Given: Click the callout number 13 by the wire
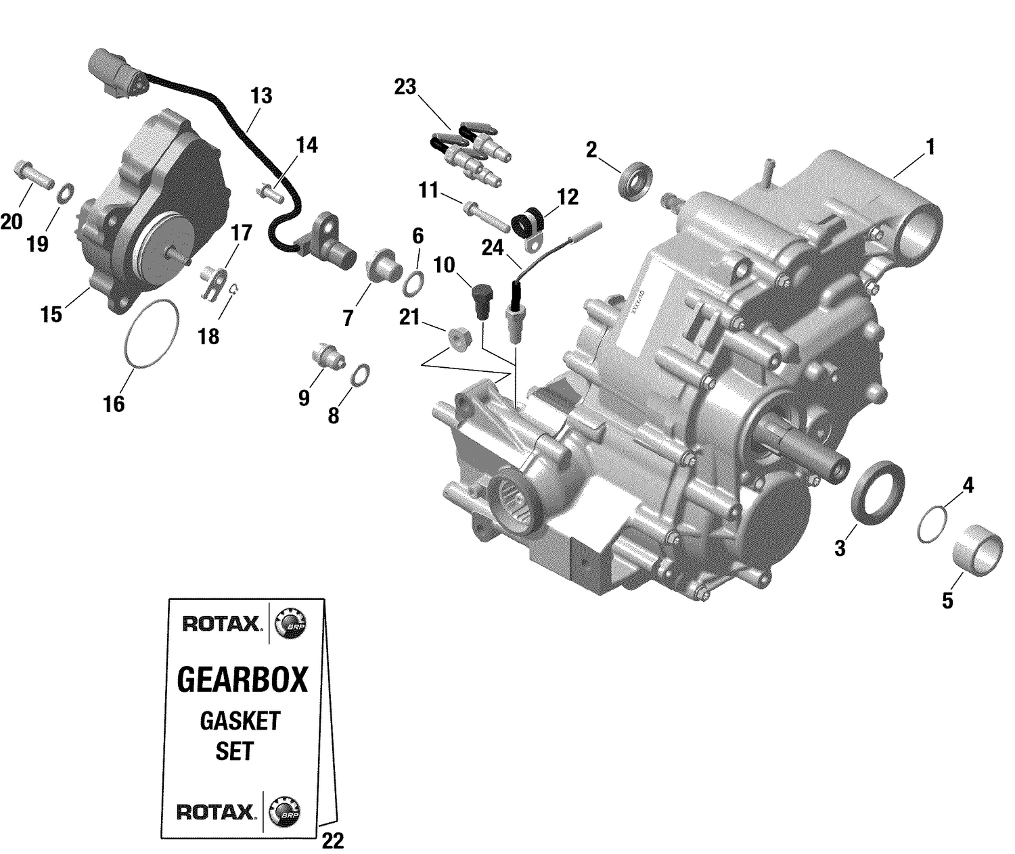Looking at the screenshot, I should click(x=261, y=96).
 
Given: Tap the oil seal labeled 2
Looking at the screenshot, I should click(x=637, y=181).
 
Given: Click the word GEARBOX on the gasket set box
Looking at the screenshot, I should click(x=242, y=680).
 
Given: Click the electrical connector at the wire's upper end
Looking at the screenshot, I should click(x=116, y=70).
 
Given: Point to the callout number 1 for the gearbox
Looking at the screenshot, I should click(x=930, y=147).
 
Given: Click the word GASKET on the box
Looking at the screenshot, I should click(x=240, y=721).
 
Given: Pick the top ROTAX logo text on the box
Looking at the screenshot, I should click(x=221, y=623).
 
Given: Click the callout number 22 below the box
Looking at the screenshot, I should click(x=332, y=840).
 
